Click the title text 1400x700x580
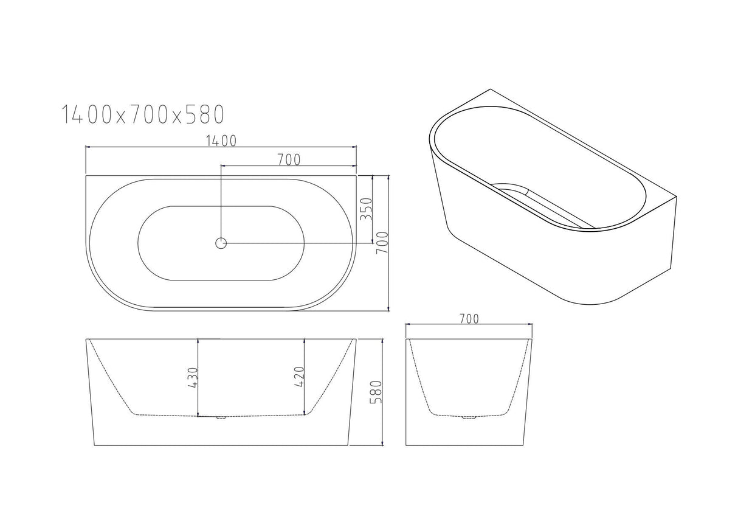click(x=143, y=114)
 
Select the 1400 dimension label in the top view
click(x=221, y=141)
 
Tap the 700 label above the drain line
click(x=289, y=160)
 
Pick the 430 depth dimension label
click(x=193, y=377)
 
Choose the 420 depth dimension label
click(x=297, y=377)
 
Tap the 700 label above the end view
click(x=469, y=318)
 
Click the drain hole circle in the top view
click(x=221, y=243)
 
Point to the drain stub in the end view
click(x=469, y=417)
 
